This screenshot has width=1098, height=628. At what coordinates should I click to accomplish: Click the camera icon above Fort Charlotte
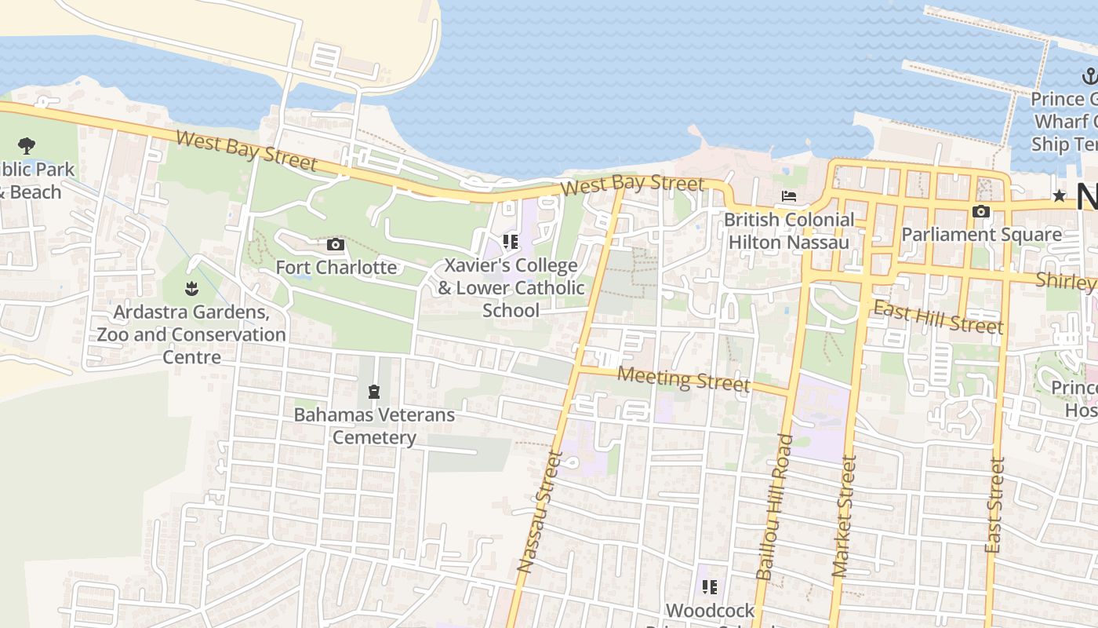coord(335,245)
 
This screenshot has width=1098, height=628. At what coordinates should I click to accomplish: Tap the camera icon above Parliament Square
coord(980,212)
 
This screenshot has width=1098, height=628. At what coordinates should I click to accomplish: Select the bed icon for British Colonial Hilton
coord(789,196)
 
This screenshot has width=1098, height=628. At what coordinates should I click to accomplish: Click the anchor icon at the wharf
coord(1089,76)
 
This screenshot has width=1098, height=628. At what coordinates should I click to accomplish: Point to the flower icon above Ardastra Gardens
coord(191,289)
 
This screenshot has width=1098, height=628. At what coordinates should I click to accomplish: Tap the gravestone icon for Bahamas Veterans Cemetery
coord(374,391)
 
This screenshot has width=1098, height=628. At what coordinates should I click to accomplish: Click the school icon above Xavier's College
coord(511,242)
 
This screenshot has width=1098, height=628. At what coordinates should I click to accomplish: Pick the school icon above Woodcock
coord(710,587)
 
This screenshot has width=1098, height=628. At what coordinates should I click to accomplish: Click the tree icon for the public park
coord(27,145)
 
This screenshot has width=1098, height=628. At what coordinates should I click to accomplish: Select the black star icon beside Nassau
coord(1060,195)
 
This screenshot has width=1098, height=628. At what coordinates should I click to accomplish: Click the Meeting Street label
coord(683,378)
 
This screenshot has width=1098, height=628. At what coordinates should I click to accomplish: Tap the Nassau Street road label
coord(540,511)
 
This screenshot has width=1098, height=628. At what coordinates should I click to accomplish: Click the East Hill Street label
coord(938,316)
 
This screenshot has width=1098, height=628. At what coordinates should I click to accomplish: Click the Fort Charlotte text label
coord(336,268)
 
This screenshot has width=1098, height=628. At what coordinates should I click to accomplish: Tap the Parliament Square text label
coord(981,235)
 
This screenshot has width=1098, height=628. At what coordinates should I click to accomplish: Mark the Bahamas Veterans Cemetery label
coord(374,425)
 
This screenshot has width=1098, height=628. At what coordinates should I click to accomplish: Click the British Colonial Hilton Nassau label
coord(789,231)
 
